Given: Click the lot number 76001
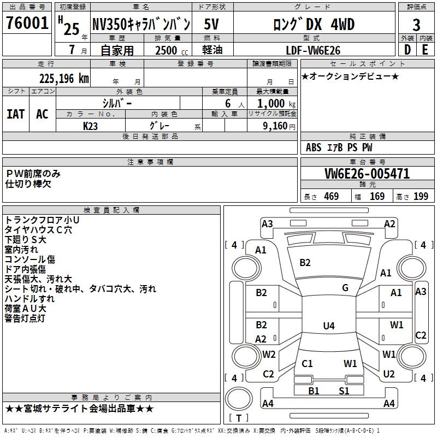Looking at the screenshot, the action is [27, 25].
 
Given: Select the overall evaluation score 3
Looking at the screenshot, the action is [416, 25].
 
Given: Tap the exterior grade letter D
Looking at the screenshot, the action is [407, 49].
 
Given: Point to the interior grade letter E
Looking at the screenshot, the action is [425, 49].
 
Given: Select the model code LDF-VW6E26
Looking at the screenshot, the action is [313, 50].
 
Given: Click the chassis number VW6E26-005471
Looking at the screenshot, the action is [367, 174].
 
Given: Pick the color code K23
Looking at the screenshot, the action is [91, 125].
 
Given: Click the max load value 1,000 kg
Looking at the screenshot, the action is [275, 103].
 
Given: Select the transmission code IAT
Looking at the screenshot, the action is [15, 114].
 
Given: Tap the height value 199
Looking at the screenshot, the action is [421, 197].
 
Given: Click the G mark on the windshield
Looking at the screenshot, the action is [345, 288].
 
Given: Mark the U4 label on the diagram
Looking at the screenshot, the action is [328, 326].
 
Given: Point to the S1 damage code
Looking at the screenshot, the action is [344, 391].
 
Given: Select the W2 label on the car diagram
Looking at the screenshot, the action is [269, 354].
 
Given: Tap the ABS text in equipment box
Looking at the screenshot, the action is [314, 147].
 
